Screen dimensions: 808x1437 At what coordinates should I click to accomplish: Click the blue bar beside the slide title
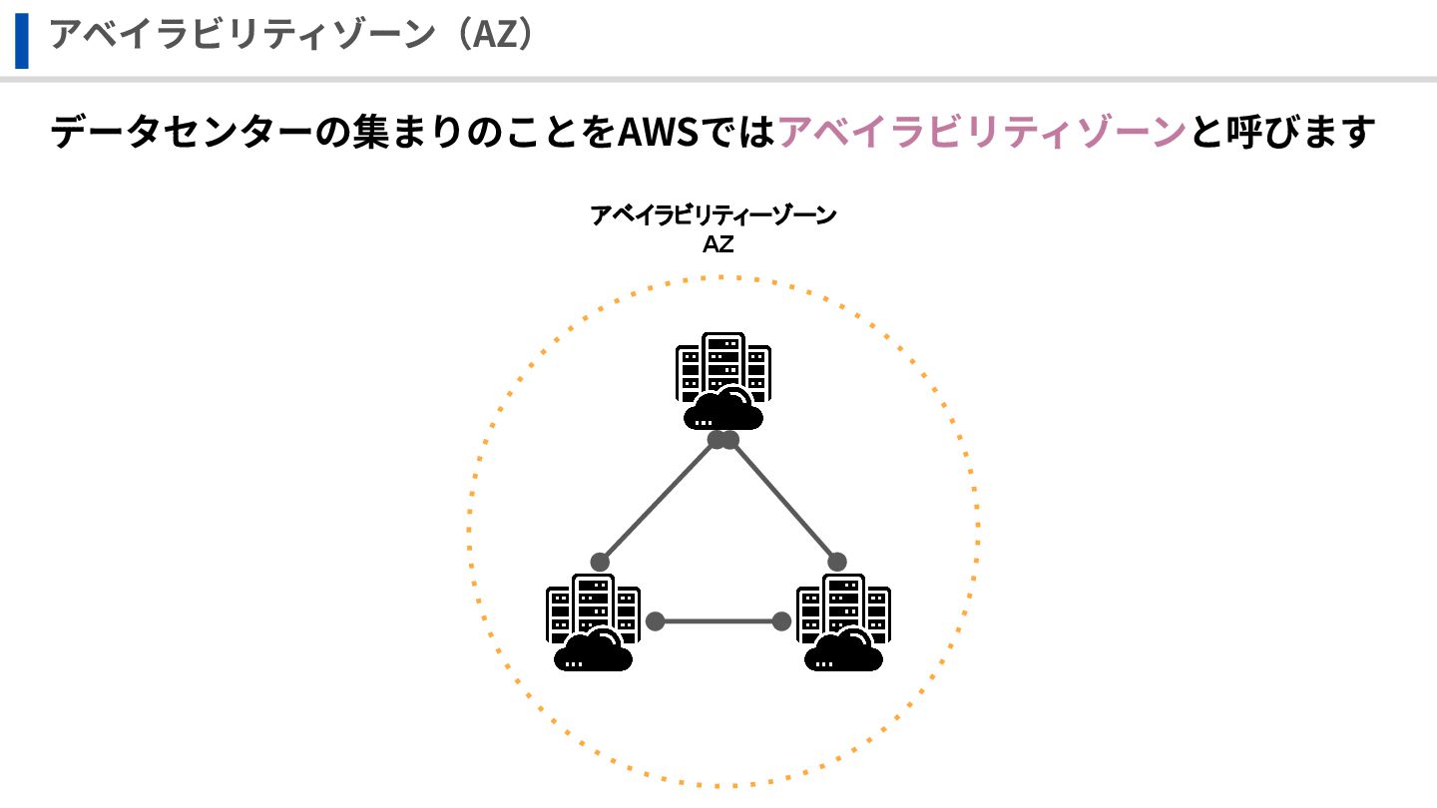(x=21, y=41)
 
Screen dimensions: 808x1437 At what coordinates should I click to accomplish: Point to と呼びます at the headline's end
(x=1282, y=132)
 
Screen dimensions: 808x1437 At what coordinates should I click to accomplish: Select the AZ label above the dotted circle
(x=718, y=243)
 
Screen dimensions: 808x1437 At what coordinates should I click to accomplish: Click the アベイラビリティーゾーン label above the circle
(x=714, y=215)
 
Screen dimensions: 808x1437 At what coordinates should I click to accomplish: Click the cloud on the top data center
(x=724, y=409)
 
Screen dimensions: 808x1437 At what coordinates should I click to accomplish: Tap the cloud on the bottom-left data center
(x=594, y=650)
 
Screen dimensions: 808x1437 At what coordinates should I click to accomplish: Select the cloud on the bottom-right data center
(x=844, y=650)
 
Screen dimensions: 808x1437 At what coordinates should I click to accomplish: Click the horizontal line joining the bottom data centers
(x=718, y=621)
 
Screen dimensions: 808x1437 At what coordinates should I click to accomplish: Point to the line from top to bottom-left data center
(x=659, y=499)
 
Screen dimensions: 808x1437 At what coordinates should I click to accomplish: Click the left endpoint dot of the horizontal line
(x=655, y=621)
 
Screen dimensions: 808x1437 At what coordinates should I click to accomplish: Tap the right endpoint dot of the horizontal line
(x=781, y=621)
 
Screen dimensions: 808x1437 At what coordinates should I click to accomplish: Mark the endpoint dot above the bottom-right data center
(x=837, y=562)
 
